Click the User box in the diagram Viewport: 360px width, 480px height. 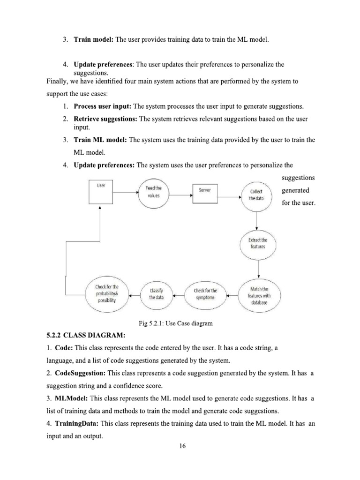tap(101, 194)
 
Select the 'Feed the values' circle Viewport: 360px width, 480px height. tap(150, 192)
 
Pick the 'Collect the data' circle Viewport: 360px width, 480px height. tap(256, 195)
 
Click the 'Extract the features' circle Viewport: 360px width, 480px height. tap(258, 243)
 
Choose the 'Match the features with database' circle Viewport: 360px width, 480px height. tap(259, 296)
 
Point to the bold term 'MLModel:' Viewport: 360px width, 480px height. tap(71, 398)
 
